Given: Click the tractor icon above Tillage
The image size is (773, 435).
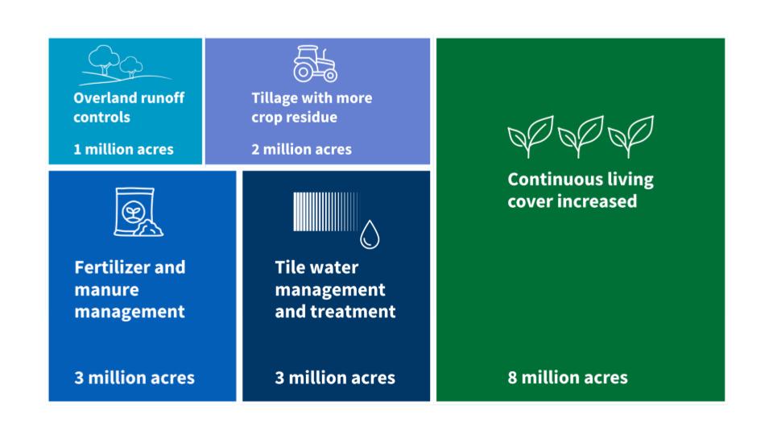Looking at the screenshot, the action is [x=315, y=64].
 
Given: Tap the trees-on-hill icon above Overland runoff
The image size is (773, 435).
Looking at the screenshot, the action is [x=126, y=64].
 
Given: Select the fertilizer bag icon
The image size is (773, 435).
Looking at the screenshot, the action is [x=138, y=212].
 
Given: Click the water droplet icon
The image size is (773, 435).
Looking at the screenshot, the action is [x=370, y=234].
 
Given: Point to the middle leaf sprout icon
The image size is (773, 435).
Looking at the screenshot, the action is [x=581, y=137].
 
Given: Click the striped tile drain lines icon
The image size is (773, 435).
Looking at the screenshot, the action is [x=325, y=212].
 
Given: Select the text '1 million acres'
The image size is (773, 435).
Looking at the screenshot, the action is [x=123, y=150].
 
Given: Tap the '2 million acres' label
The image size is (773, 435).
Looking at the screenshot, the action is [x=301, y=150].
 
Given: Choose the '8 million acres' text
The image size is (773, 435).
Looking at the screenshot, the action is [x=568, y=378].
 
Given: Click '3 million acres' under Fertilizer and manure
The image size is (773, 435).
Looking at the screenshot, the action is [x=134, y=378].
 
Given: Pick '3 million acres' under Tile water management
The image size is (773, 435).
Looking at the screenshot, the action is [x=335, y=378].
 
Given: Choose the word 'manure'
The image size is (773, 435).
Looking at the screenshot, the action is [x=106, y=289].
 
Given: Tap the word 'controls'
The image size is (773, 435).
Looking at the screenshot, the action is [x=102, y=117].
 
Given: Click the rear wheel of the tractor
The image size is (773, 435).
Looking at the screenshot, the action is [x=304, y=72].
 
